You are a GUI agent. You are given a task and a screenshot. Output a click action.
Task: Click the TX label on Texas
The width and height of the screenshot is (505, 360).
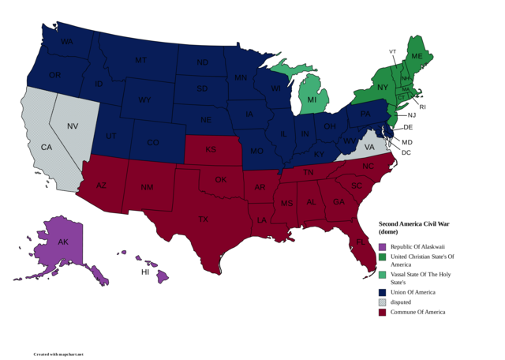point(203,219)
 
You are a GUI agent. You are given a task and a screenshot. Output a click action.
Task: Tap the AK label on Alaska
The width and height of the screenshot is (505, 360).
point(62,242)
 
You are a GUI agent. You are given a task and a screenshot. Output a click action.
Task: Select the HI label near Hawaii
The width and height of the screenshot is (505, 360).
point(145,271)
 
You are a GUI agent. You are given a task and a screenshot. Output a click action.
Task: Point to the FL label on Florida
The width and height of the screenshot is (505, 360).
point(359,242)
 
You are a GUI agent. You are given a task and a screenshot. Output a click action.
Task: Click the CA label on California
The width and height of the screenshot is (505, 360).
point(46,148)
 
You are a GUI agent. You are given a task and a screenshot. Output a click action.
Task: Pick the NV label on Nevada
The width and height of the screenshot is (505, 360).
point(73,126)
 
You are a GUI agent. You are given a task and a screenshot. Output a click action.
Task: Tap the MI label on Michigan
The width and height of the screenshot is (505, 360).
point(312,100)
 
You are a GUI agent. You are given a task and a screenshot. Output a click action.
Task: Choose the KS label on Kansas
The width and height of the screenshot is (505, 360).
point(211,149)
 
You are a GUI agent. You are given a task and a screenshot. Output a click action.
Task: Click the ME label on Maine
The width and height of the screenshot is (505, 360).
point(417,58)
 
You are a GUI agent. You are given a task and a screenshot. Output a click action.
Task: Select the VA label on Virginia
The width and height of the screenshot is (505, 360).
point(370,147)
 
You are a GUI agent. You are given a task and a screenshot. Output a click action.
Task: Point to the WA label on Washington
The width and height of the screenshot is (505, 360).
point(67,41)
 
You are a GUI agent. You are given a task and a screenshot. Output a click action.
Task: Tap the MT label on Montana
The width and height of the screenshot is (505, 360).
point(140,60)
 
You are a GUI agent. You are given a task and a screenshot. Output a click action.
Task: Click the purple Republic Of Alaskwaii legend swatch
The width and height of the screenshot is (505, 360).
point(383,247)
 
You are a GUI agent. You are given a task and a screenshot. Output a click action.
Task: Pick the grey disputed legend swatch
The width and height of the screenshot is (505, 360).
point(383,302)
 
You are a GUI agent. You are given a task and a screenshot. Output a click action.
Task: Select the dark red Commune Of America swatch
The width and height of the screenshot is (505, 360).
point(383,312)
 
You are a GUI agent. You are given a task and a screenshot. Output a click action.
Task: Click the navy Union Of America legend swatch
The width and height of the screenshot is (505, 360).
point(383,292)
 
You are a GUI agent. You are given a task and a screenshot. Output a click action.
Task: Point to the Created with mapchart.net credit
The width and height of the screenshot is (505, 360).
point(58,354)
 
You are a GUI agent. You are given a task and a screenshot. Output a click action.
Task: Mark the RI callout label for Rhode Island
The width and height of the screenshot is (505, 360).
point(421,107)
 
